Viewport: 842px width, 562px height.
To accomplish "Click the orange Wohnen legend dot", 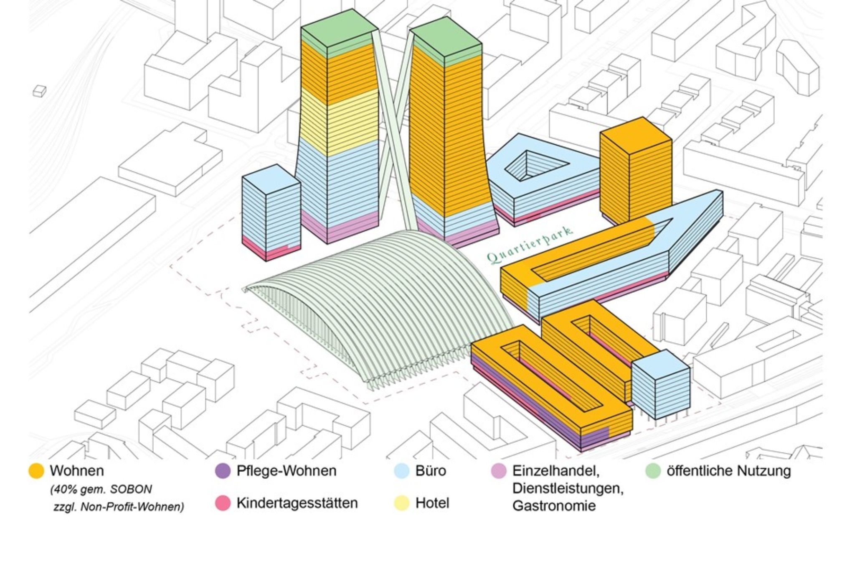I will (36, 471).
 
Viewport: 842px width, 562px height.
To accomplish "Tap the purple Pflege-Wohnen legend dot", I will (223, 471).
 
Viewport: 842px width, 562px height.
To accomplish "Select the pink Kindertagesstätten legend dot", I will (223, 503).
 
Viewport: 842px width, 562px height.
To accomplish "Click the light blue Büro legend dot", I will (401, 471).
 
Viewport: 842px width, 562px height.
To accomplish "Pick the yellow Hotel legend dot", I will (401, 503).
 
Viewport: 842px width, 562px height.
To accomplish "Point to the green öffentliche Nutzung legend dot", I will (653, 471).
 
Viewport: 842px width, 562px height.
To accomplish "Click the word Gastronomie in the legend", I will (554, 506).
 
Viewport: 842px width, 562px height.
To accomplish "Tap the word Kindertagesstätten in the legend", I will (297, 503).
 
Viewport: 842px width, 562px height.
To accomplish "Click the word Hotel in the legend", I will (432, 503).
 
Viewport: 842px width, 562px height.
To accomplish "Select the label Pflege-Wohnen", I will (287, 471).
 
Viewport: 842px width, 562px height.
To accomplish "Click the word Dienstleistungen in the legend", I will (568, 488).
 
